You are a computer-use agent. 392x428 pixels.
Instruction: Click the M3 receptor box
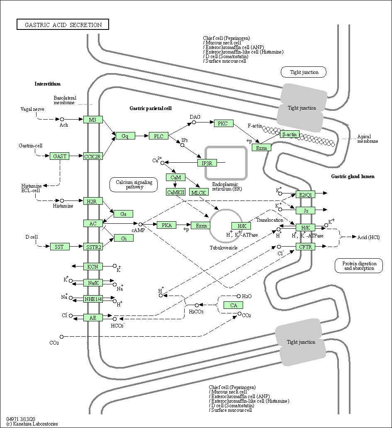coord(93,120)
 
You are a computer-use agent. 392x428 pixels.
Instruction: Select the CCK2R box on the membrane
coord(93,157)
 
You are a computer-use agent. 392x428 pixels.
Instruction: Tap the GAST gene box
coord(60,157)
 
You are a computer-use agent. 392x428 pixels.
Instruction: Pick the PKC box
coord(224,123)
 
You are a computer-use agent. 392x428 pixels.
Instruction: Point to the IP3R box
coord(207,163)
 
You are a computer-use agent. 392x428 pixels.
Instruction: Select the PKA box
coord(167,225)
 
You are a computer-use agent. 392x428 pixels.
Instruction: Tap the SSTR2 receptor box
coord(93,247)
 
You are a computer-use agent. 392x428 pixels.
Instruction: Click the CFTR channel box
coord(306,247)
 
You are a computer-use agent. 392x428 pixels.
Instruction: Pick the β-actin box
coord(290,135)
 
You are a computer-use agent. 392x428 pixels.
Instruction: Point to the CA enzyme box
coord(233,305)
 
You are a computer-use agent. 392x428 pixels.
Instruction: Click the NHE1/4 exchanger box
coord(93,299)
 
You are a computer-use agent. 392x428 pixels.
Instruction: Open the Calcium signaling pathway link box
coord(134,185)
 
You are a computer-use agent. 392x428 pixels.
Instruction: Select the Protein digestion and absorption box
coord(359,266)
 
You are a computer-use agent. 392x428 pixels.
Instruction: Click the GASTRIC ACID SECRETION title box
coord(63,25)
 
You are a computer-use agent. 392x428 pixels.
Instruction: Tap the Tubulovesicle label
coord(224,248)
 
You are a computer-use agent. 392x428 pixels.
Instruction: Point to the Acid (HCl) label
coord(369,237)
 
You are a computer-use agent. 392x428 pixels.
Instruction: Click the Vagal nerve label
coord(32,109)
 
